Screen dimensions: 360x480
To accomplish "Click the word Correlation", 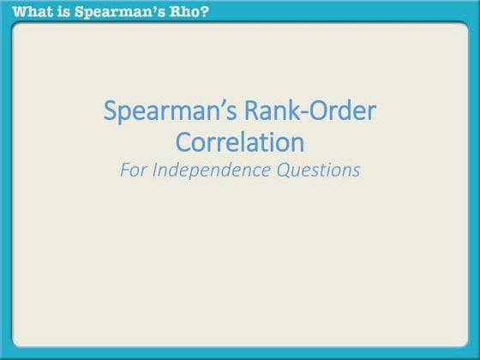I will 239,141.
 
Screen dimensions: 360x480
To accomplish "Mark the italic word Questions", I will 317,169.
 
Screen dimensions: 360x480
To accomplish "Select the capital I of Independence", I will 155,169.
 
